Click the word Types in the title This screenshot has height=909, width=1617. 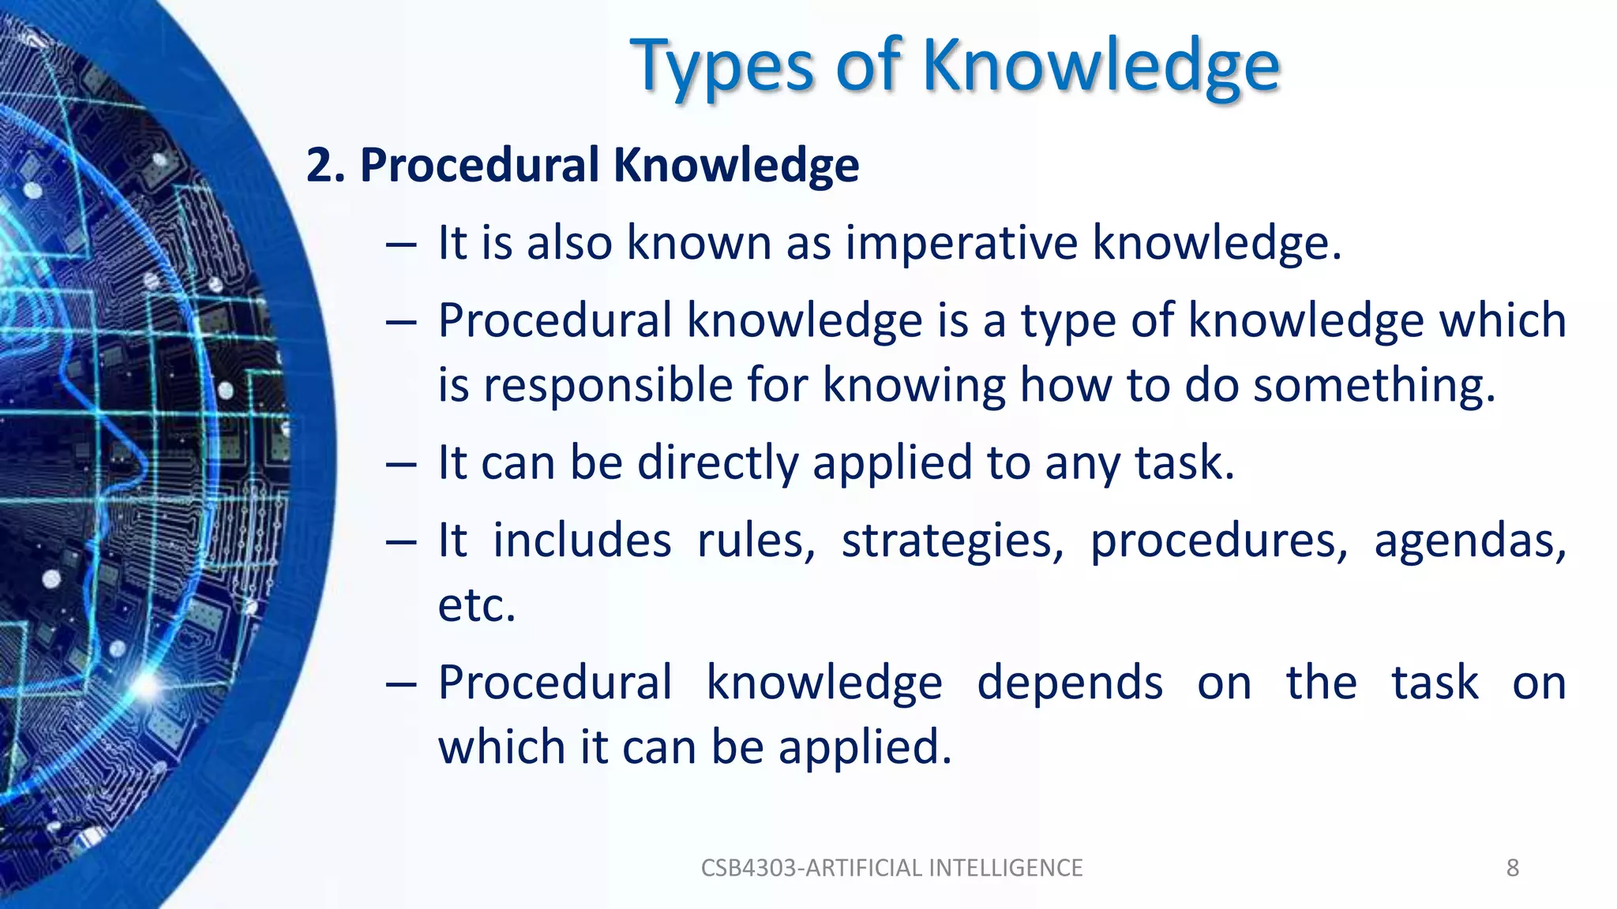point(722,66)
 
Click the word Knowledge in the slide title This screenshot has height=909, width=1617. point(1101,66)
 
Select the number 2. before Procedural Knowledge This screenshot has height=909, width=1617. point(325,165)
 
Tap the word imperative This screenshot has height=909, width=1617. point(961,242)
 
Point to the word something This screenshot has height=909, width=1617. point(1374,385)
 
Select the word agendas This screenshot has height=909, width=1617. point(1469,541)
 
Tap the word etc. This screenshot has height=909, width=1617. point(476,605)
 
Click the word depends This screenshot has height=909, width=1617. point(1069,683)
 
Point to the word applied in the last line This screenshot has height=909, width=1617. point(865,746)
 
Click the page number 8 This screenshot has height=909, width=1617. point(1512,868)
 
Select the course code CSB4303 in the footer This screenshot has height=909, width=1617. point(749,868)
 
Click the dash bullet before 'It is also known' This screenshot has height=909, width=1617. point(401,245)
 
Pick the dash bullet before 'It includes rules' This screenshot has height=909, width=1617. point(401,544)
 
